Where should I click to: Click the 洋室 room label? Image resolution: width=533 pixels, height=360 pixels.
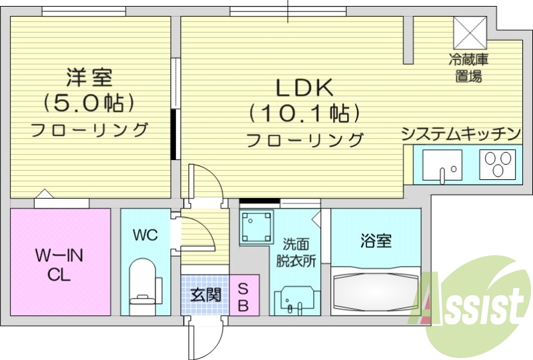click(x=89, y=77)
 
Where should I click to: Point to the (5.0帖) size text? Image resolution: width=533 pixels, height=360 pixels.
click(x=89, y=103)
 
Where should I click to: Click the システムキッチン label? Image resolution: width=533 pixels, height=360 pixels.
click(x=460, y=133)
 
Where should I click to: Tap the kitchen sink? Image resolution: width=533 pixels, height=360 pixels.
click(x=442, y=165)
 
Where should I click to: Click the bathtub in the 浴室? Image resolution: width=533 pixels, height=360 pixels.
click(x=376, y=291)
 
